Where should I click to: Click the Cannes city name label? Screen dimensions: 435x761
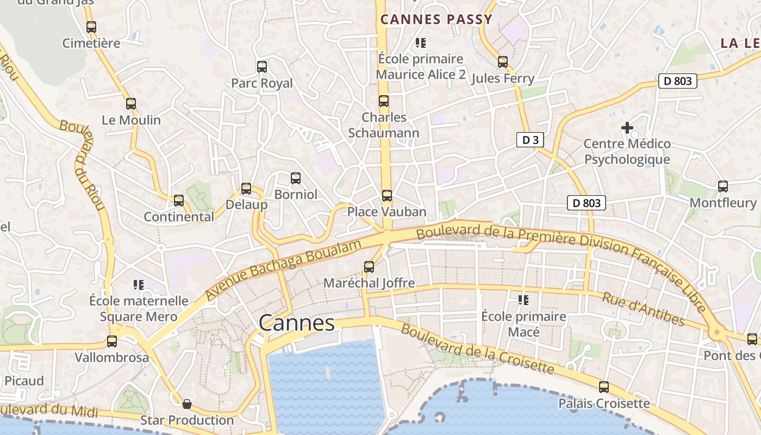[296, 323]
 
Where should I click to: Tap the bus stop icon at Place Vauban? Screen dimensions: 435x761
[386, 195]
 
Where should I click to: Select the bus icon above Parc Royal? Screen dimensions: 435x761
[262, 67]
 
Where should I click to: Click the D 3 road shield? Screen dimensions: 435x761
[530, 140]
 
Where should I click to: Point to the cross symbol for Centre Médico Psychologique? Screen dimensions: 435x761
[627, 128]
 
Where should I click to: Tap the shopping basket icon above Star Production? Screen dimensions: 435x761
[186, 404]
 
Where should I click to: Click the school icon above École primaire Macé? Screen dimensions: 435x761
[523, 300]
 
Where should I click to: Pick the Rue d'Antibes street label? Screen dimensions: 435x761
[643, 309]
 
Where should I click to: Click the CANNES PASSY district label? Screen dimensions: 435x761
[436, 20]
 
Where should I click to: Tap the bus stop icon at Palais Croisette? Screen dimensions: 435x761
[604, 387]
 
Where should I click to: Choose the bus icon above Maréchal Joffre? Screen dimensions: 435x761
[369, 267]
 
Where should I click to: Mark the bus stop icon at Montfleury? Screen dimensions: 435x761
[722, 187]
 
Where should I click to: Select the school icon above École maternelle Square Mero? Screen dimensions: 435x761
[139, 285]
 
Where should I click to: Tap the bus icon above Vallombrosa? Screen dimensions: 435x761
[112, 341]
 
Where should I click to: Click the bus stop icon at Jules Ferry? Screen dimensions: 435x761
[503, 62]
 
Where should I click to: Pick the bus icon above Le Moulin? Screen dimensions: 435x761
[131, 104]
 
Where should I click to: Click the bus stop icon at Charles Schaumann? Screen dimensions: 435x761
[384, 101]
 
